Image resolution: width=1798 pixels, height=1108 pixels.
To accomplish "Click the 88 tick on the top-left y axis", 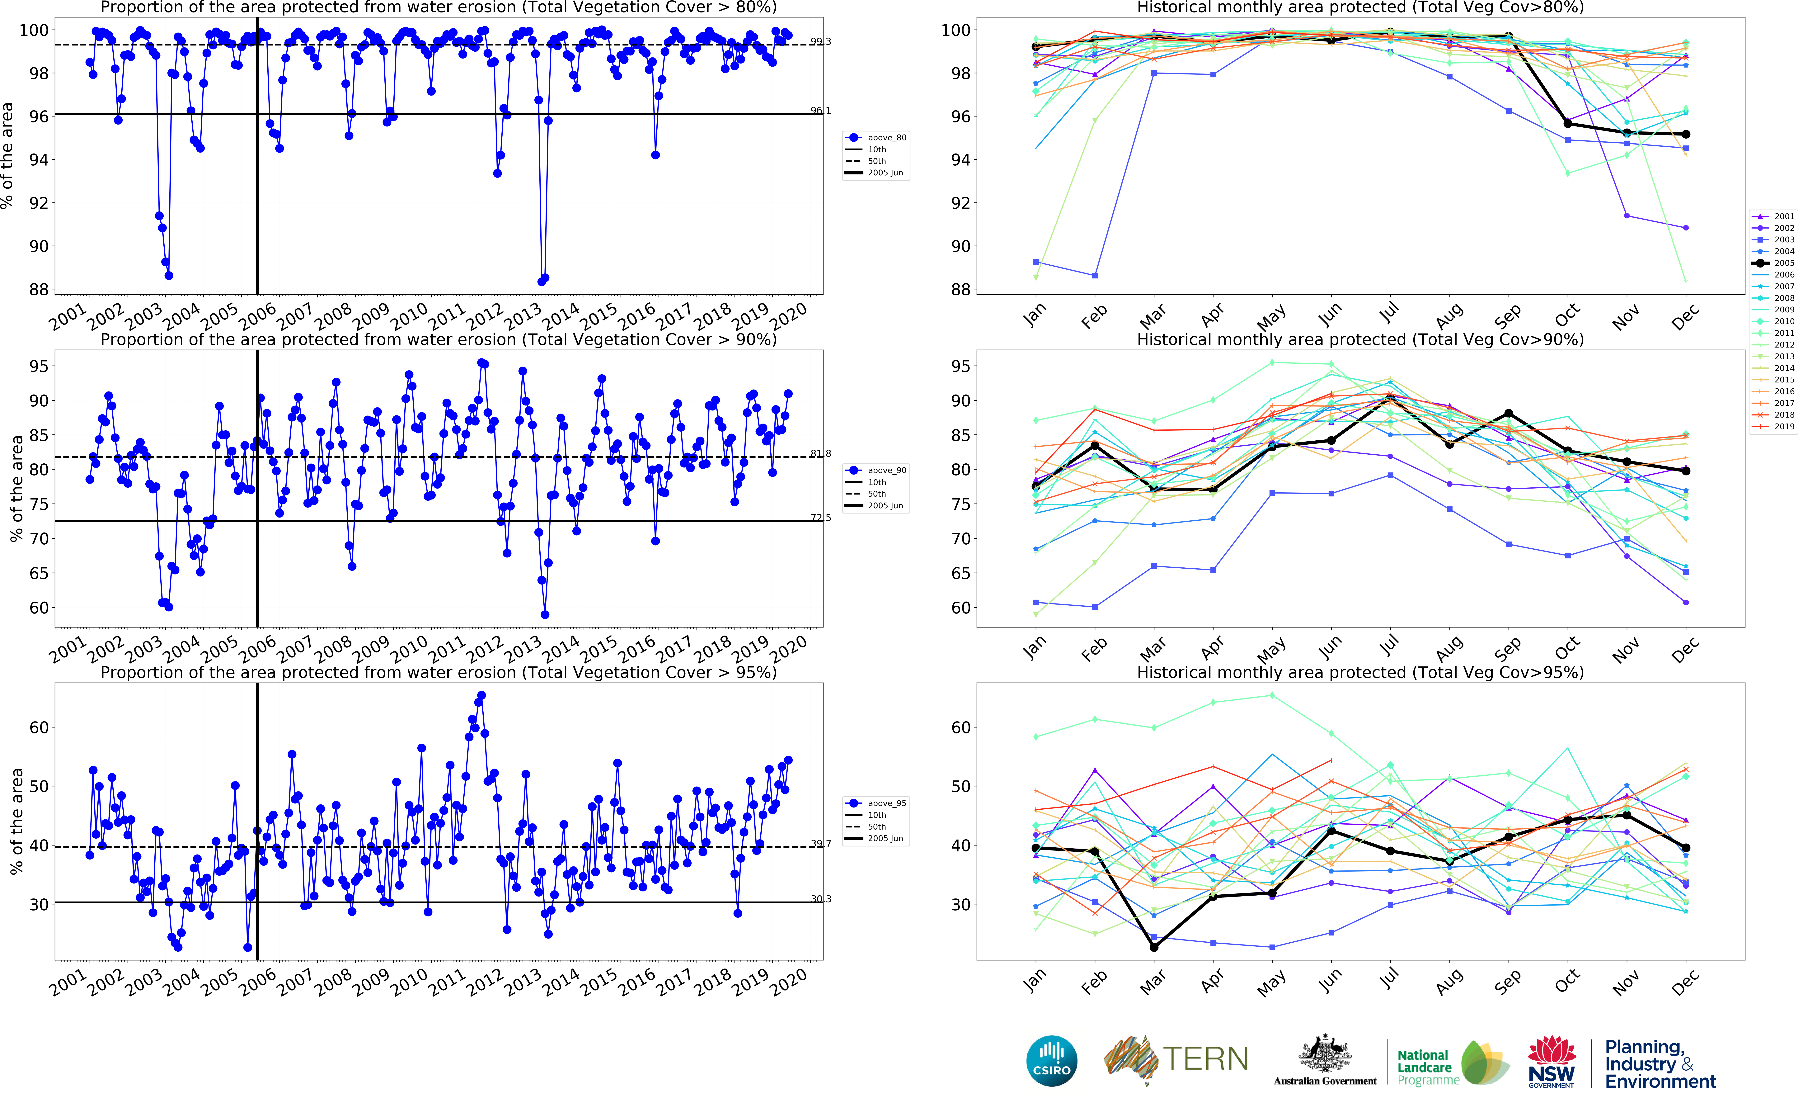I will click(38, 289).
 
